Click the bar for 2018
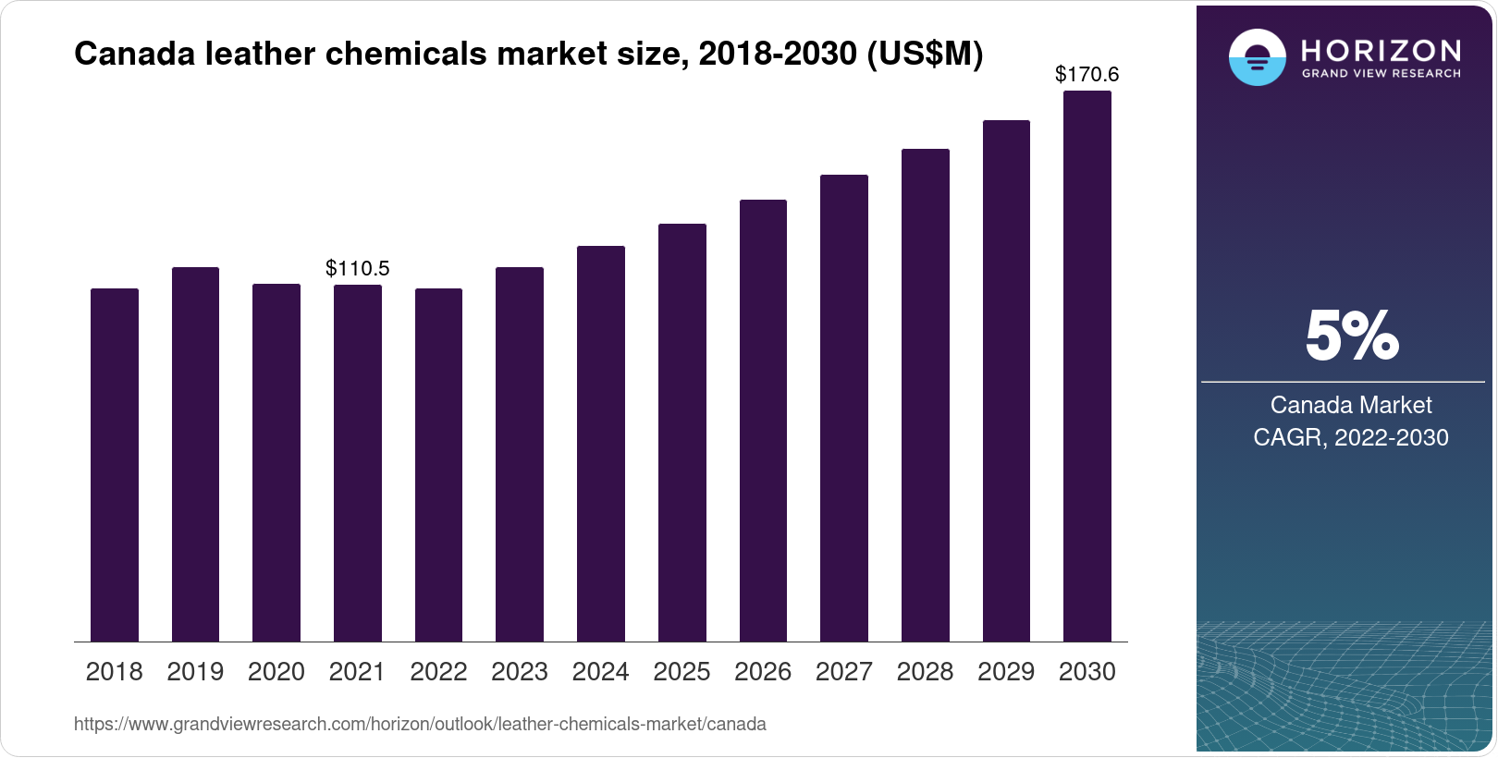click(x=115, y=465)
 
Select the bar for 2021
click(x=358, y=463)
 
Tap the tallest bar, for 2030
click(x=1087, y=366)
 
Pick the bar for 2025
click(x=682, y=433)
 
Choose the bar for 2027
click(x=844, y=408)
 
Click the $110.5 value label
click(x=358, y=269)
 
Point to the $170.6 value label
click(x=1087, y=75)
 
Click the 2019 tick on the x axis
click(x=195, y=672)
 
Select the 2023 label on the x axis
click(x=520, y=672)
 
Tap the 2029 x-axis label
click(x=1006, y=672)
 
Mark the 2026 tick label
click(x=763, y=672)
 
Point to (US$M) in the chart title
click(x=925, y=55)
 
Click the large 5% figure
click(x=1351, y=336)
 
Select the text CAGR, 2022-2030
click(x=1351, y=437)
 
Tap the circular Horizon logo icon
click(x=1257, y=57)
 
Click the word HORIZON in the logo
click(x=1381, y=50)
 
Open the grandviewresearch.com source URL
click(x=420, y=725)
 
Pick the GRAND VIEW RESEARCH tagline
click(x=1381, y=73)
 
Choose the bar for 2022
click(x=438, y=465)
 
